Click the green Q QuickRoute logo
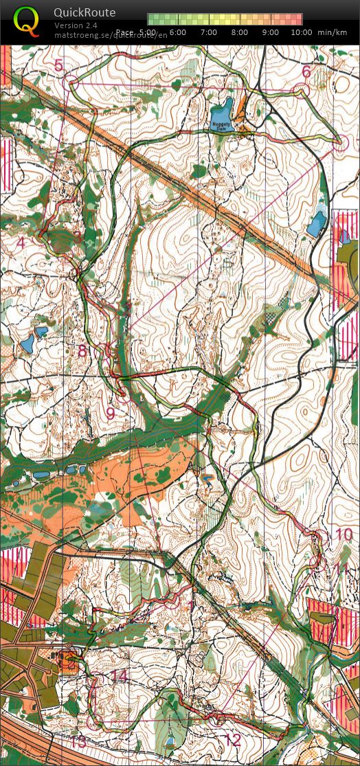(x=26, y=21)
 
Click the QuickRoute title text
(x=85, y=12)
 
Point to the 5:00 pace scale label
(x=146, y=32)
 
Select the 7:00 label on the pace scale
(x=209, y=32)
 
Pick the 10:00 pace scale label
(x=301, y=32)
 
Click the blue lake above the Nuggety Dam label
(x=222, y=110)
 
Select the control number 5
(x=58, y=65)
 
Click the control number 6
(x=306, y=71)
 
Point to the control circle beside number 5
(x=71, y=83)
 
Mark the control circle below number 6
(x=302, y=90)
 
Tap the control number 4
(x=21, y=243)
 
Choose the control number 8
(x=82, y=352)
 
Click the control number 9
(x=110, y=414)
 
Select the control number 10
(x=343, y=534)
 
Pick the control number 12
(x=233, y=739)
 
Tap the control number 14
(x=120, y=677)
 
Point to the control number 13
(x=79, y=741)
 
